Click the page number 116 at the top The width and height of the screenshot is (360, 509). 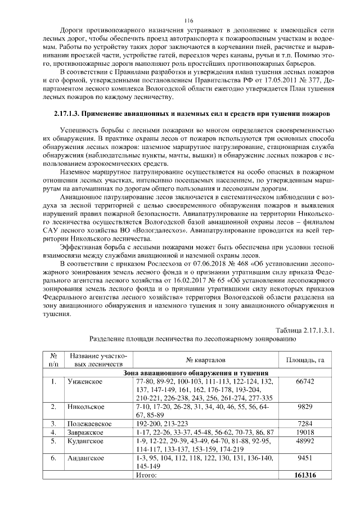tap(180, 20)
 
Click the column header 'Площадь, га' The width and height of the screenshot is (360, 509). tap(304, 359)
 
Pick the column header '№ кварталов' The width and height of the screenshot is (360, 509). tap(205, 359)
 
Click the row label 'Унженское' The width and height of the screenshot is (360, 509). tap(84, 382)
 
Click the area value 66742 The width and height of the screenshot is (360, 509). tap(304, 382)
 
